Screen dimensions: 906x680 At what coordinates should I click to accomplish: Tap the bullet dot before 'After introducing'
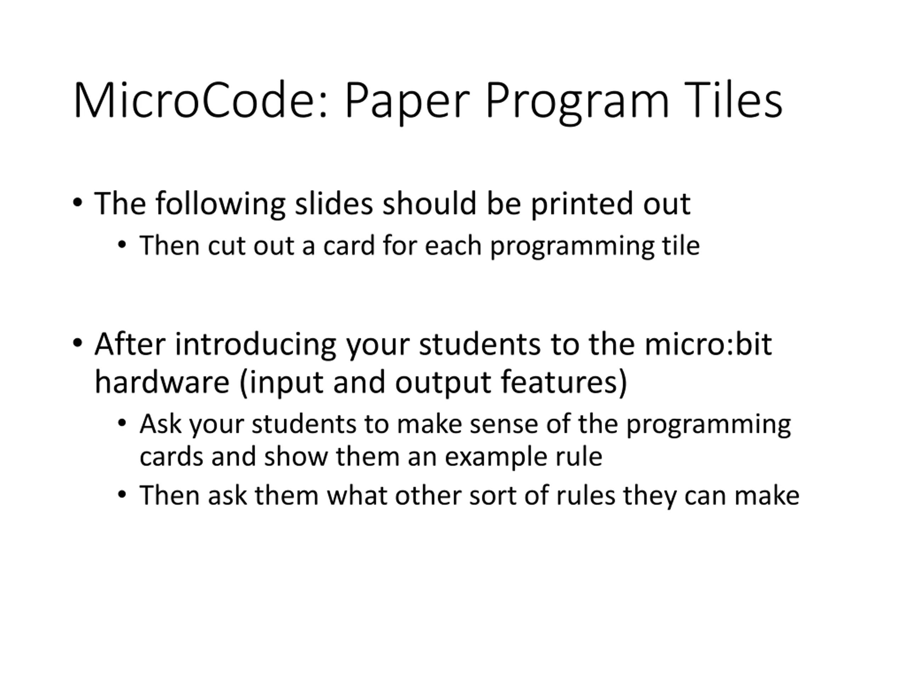click(78, 343)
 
